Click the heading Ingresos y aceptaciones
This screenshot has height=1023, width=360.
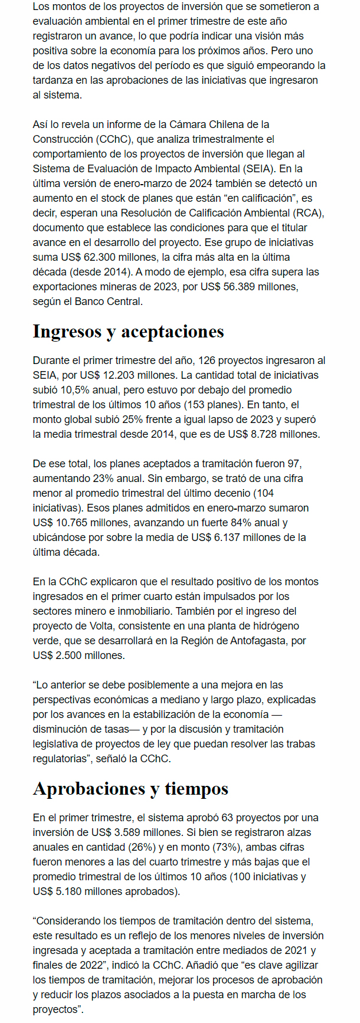click(128, 331)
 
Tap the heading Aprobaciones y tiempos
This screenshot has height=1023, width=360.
click(130, 788)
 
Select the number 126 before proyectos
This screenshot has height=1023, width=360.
click(207, 360)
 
